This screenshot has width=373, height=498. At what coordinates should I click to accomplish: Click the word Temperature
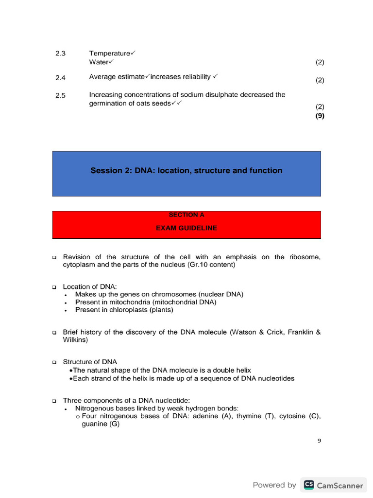(x=110, y=53)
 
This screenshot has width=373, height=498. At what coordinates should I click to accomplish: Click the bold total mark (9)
(x=320, y=116)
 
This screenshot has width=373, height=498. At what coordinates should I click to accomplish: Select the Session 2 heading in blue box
(x=186, y=171)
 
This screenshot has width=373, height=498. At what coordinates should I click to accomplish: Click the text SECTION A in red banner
(x=186, y=215)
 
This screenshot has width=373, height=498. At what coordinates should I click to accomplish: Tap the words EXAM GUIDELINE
(x=186, y=228)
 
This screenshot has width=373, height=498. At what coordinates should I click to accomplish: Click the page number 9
(x=319, y=441)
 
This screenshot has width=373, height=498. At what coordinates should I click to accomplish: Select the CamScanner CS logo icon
(x=308, y=485)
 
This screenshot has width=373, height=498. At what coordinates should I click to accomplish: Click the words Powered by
(x=274, y=485)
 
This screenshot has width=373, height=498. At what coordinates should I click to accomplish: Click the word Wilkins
(x=75, y=340)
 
